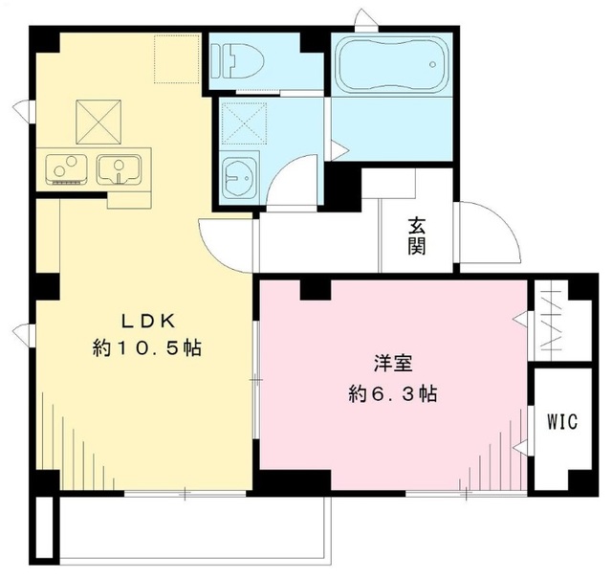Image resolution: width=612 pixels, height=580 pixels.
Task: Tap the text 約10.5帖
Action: (x=146, y=348)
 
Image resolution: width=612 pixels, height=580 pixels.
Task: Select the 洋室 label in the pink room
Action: (x=393, y=364)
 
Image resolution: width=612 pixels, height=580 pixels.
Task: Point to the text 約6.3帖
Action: (x=393, y=392)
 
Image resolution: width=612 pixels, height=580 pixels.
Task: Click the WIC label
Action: (x=561, y=423)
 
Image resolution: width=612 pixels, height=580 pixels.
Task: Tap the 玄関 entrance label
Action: (x=418, y=236)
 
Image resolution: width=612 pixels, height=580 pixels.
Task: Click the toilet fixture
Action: (x=245, y=61)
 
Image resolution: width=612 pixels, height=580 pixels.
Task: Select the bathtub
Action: (x=393, y=64)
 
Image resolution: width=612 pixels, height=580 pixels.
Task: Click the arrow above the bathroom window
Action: (x=362, y=17)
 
